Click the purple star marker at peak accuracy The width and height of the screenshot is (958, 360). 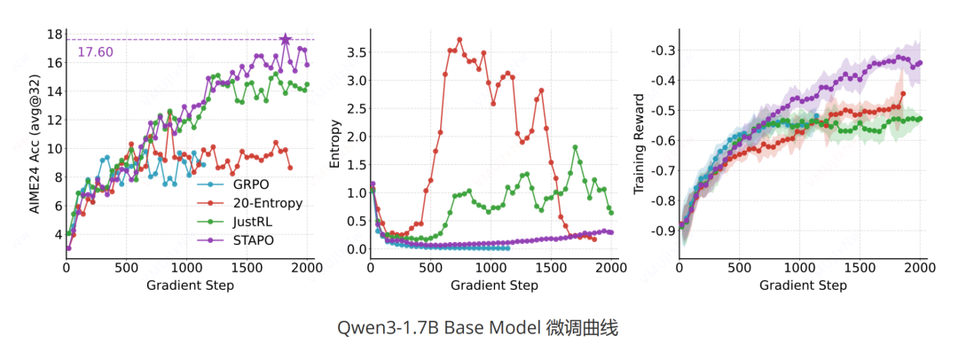coord(286,40)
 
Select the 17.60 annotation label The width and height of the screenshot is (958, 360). coord(95,52)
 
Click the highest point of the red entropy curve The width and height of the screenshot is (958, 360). coord(459,39)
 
